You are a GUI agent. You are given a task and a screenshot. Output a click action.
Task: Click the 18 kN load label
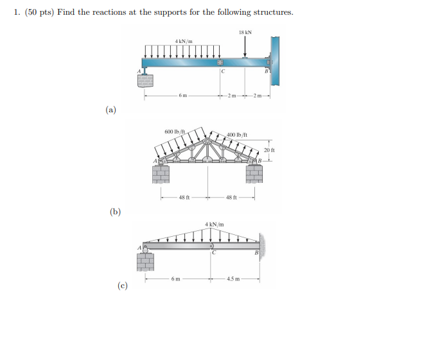(245, 32)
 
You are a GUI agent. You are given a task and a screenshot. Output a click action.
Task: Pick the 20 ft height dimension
(269, 150)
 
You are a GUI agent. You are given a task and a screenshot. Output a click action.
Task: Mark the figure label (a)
(111, 110)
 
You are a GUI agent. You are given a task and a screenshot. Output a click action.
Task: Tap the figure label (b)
(115, 211)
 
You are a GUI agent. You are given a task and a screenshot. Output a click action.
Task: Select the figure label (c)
(122, 286)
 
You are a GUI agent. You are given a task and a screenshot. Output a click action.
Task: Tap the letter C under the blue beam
(222, 73)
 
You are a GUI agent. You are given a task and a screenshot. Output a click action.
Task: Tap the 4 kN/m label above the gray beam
(214, 224)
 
